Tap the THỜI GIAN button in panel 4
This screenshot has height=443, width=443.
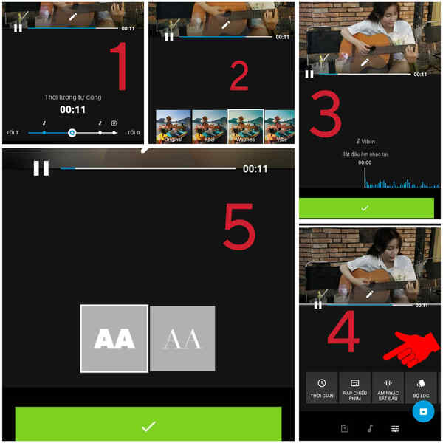[322, 388]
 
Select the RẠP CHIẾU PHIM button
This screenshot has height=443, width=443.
[354, 388]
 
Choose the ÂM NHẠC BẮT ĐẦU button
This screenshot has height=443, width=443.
[388, 388]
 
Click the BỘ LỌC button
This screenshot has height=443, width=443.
[421, 388]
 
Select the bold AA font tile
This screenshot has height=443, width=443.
[114, 338]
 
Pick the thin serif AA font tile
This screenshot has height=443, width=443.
[182, 338]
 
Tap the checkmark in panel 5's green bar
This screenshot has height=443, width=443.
[148, 425]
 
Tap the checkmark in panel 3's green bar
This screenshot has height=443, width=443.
[365, 208]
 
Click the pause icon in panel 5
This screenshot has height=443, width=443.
[41, 168]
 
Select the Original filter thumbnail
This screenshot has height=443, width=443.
[174, 126]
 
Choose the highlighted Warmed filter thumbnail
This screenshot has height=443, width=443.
[245, 126]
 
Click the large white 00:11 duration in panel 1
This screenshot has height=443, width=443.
[73, 109]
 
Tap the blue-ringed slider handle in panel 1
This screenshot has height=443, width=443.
[72, 133]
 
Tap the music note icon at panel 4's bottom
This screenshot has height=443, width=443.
[370, 428]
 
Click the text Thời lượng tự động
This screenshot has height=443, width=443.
[73, 97]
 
